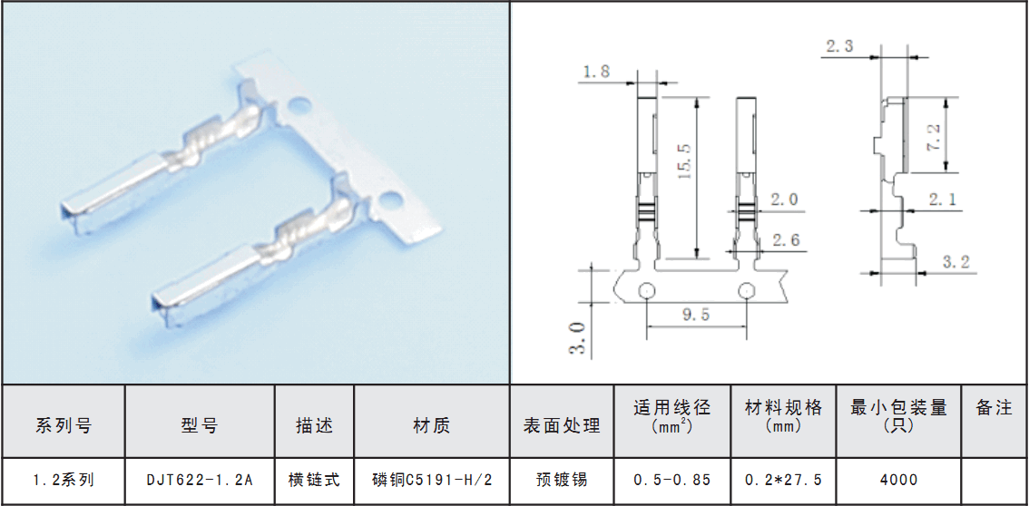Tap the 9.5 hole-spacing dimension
(696, 316)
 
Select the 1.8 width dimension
(596, 72)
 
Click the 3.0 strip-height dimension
(578, 337)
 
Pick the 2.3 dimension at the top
(839, 46)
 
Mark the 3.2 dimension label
(956, 264)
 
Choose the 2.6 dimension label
(786, 240)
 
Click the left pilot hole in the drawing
(646, 290)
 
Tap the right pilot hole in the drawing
(747, 290)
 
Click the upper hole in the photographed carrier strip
(300, 104)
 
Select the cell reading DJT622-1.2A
(200, 481)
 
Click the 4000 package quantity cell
(898, 481)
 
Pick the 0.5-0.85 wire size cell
(672, 481)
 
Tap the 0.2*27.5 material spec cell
(783, 481)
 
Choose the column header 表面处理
(562, 426)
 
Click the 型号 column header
(200, 426)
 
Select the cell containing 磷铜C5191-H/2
(432, 481)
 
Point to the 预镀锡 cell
(562, 481)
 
